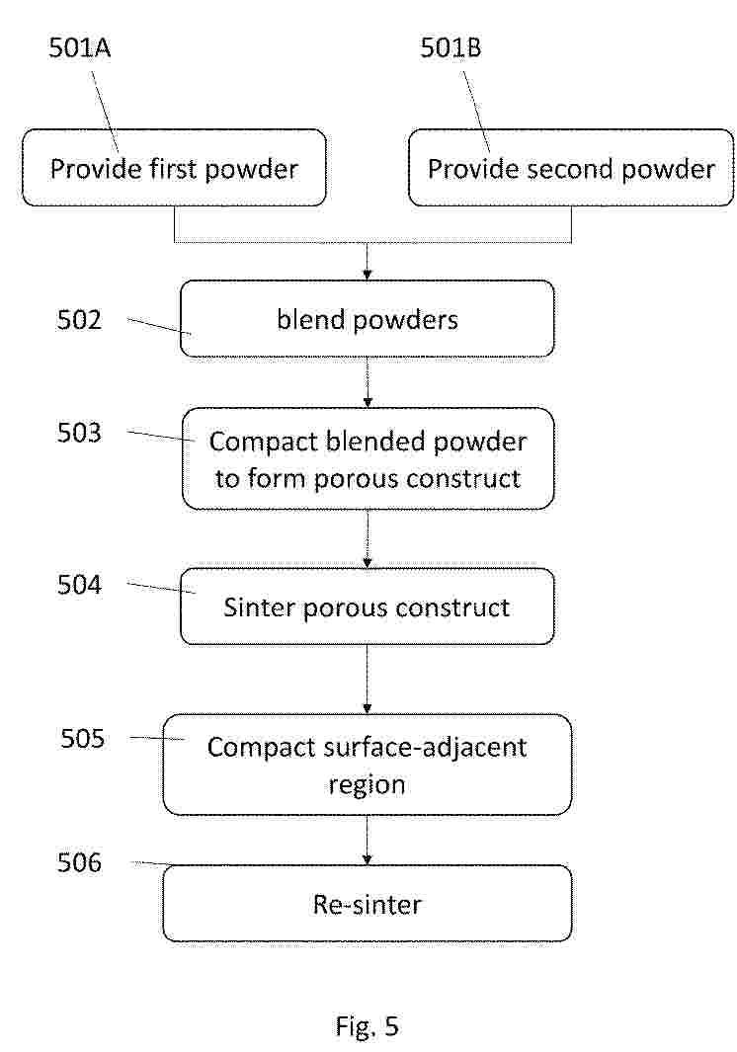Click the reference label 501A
coord(79,47)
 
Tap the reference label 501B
coord(450,47)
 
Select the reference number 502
coord(79,319)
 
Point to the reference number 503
coord(79,433)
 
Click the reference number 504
coord(79,585)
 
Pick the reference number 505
coord(83,738)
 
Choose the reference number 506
coord(79,862)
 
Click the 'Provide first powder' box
coord(175,168)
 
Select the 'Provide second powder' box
coord(571,168)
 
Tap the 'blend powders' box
coord(368,319)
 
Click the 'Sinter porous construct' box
coord(368,607)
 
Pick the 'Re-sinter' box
coord(368,904)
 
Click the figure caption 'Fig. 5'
coord(368,1026)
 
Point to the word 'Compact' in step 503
coord(263,443)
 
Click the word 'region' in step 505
coord(368,785)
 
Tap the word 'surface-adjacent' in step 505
coord(425,748)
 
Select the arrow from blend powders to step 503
coord(368,382)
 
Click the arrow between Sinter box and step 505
coord(368,680)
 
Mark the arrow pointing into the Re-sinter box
coord(368,840)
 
